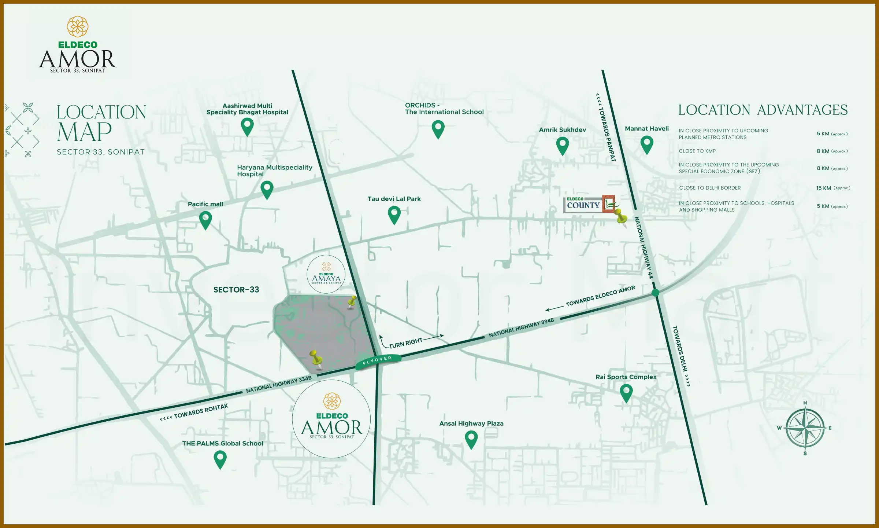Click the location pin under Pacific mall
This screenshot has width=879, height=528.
pos(205,220)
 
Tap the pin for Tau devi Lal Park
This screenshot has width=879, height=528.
pos(394,214)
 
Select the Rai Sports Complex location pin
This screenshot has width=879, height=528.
pos(626,392)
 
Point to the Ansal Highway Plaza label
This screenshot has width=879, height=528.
pos(471,423)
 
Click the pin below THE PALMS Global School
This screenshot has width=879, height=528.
pos(220,459)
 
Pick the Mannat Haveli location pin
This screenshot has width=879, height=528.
pos(647,144)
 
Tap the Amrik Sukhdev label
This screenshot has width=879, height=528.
pos(562,130)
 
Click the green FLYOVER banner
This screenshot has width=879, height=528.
pos(378,361)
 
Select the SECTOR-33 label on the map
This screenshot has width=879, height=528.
pos(236,290)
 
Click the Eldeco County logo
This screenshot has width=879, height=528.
pos(589,204)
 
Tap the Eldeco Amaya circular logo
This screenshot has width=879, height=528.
pos(326,274)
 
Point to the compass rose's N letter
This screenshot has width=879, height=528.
pos(805,403)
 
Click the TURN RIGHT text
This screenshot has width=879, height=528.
pos(405,343)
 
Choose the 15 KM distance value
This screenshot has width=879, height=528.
pos(823,188)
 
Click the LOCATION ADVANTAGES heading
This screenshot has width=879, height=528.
pos(763,110)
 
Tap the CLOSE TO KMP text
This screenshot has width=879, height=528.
pos(697,151)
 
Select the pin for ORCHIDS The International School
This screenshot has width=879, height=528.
pos(438,129)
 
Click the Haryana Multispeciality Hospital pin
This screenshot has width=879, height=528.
pos(267,189)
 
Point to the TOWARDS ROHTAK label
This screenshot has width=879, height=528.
pos(201,411)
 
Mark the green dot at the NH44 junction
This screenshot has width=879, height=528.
pos(656,293)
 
